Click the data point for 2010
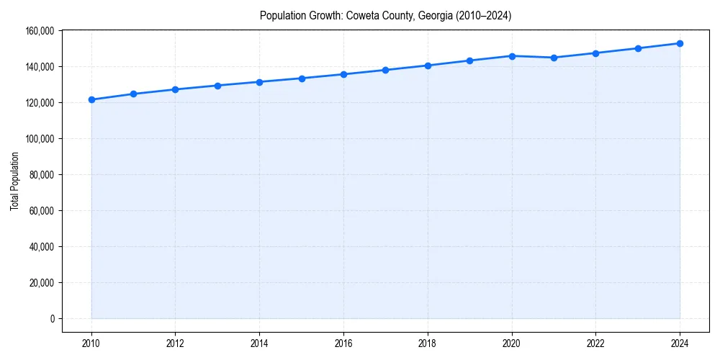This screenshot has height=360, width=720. (91, 99)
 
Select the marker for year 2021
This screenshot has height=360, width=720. (554, 58)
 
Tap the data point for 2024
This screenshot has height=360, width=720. (680, 43)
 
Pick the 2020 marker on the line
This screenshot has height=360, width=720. (512, 55)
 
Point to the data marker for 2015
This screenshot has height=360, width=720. (302, 78)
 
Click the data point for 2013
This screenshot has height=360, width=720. (217, 86)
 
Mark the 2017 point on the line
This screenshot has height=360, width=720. (386, 70)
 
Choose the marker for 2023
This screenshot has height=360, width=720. (638, 48)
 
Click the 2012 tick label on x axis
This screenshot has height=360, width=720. (175, 343)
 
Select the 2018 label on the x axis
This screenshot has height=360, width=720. (428, 343)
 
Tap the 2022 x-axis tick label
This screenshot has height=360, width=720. (596, 343)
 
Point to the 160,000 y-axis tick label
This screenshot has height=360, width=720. (39, 31)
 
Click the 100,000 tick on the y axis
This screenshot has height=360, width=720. (39, 139)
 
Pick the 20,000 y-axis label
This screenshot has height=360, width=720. (41, 283)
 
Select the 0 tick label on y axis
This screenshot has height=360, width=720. (52, 319)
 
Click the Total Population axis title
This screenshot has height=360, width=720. (14, 181)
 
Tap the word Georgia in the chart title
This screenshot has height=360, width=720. (434, 16)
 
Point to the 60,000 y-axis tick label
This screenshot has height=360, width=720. (41, 211)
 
